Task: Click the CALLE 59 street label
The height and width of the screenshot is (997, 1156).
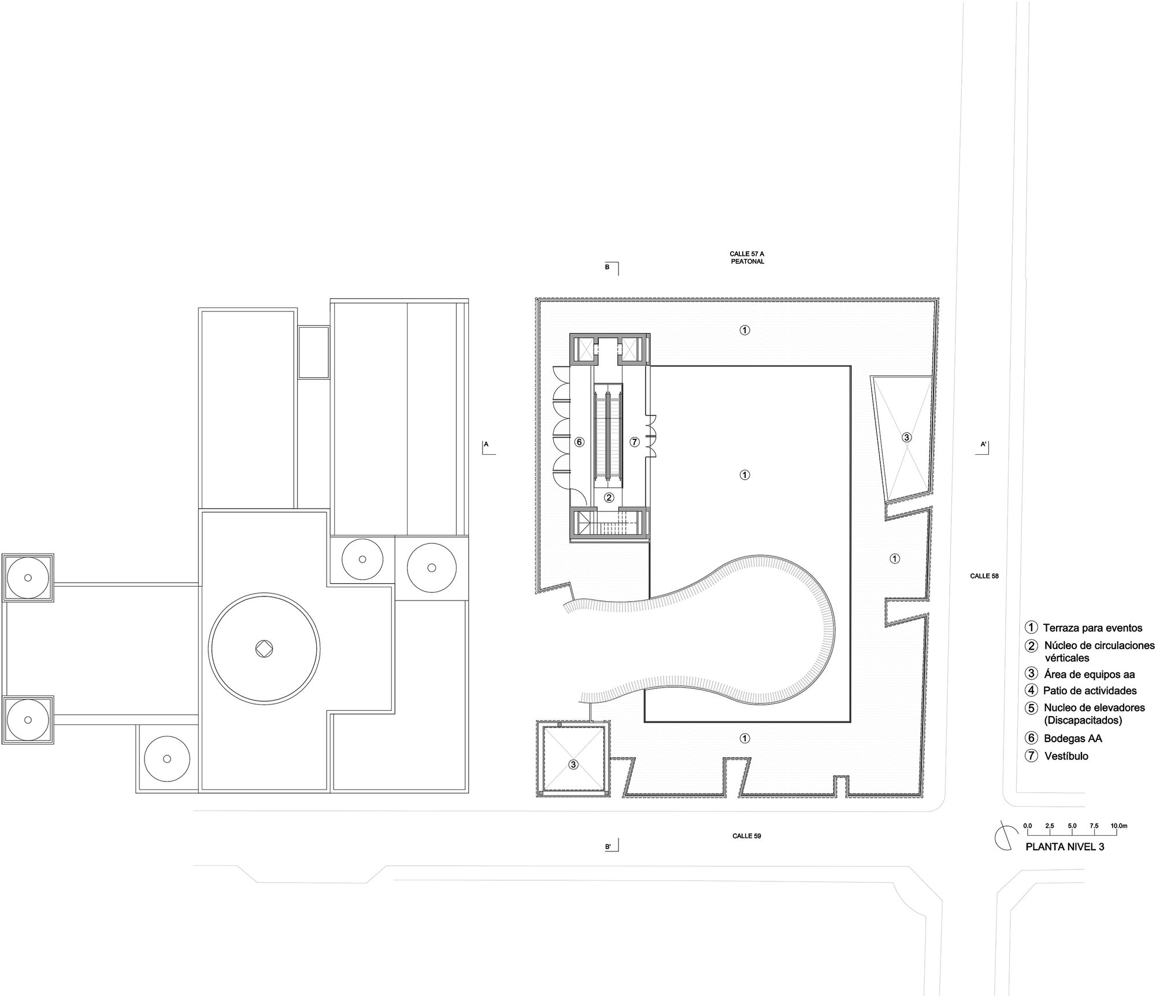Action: (x=747, y=836)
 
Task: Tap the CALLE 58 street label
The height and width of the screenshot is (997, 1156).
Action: (x=984, y=576)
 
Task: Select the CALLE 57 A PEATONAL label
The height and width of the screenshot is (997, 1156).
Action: (x=747, y=258)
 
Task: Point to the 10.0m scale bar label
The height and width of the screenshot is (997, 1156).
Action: (x=1118, y=826)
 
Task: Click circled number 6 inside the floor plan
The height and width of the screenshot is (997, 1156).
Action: (x=579, y=442)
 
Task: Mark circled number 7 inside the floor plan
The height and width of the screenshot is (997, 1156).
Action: (x=635, y=442)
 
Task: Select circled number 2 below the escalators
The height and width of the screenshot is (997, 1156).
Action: (x=609, y=497)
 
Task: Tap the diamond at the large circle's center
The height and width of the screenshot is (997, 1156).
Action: (x=264, y=648)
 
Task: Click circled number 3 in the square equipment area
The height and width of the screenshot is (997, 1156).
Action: (x=573, y=765)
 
